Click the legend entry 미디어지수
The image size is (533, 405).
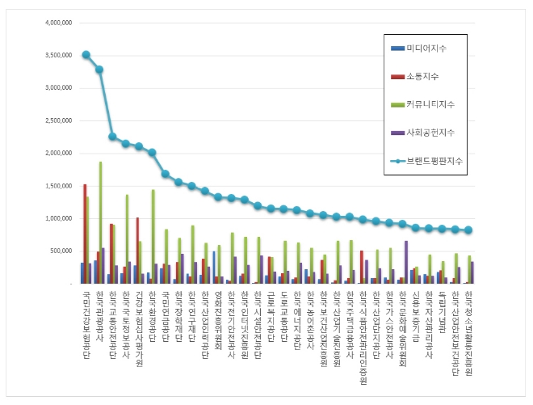tap(427, 49)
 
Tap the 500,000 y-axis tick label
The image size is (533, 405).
tap(57, 251)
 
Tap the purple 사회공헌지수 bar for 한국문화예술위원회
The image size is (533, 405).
tap(406, 262)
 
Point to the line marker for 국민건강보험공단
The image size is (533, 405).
tap(86, 55)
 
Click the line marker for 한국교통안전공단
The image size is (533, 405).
tap(112, 137)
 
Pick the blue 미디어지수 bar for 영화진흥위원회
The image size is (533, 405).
tap(214, 268)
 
